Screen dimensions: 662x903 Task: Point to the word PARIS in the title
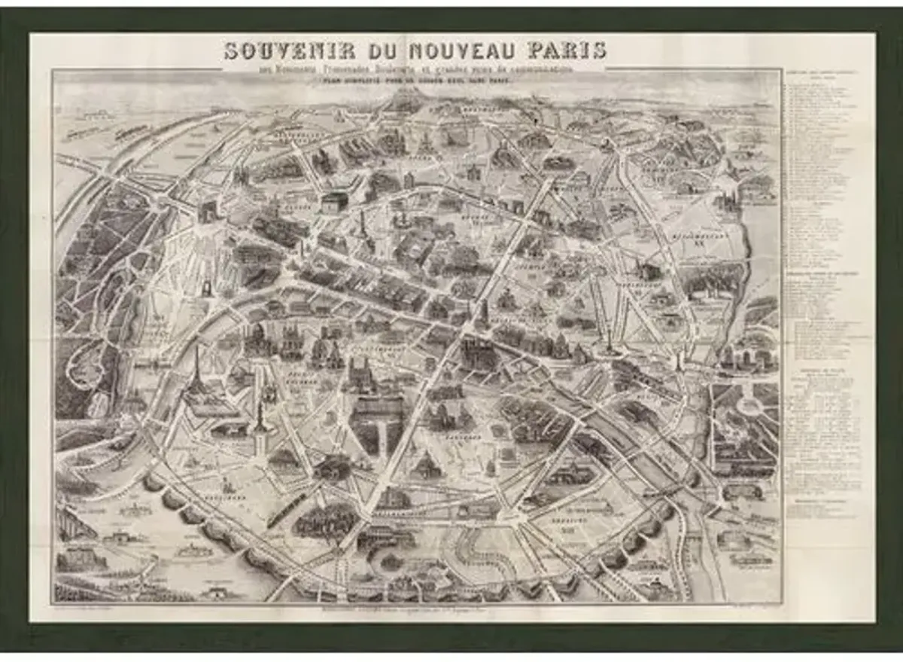point(567,51)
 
